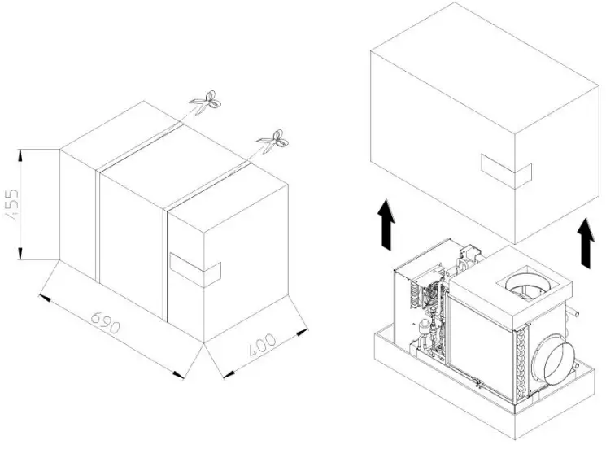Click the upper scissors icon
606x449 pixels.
coord(206,102)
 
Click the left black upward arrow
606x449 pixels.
coord(388,225)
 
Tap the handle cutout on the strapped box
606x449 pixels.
coord(195,269)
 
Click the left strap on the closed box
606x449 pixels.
coord(98,224)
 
